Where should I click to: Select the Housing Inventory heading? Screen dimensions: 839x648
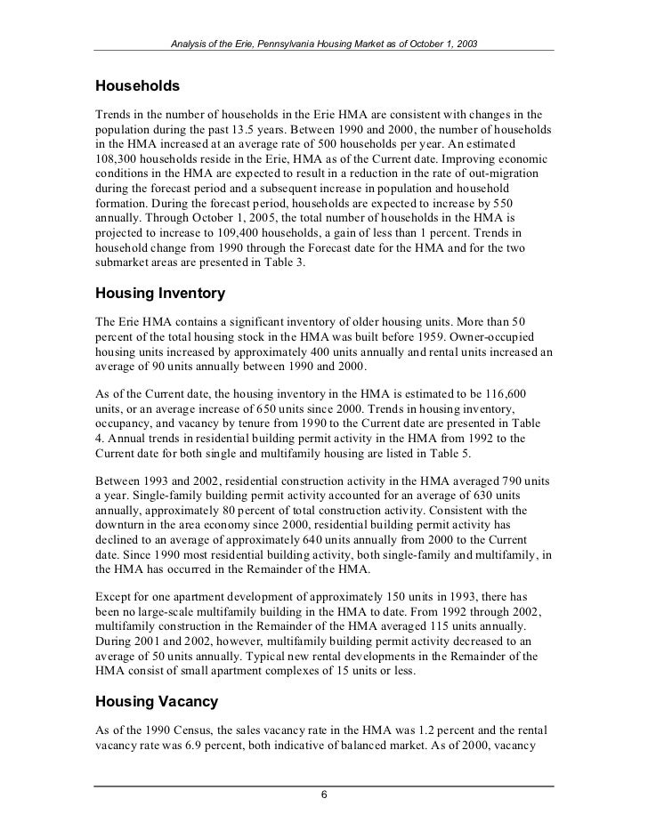159,293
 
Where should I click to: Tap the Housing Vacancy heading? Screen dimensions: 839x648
156,702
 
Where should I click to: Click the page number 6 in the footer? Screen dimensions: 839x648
325,795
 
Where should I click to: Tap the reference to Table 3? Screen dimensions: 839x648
286,262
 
